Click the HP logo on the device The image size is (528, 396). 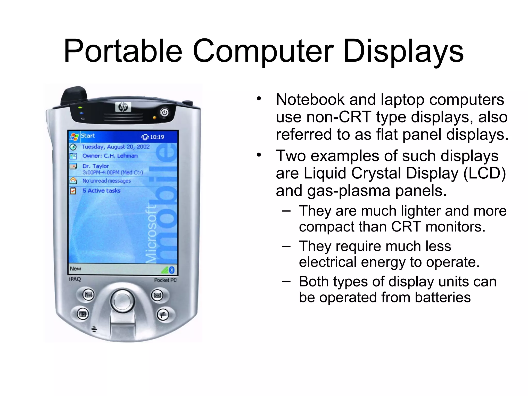pyautogui.click(x=123, y=107)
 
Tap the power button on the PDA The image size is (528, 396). pyautogui.click(x=164, y=112)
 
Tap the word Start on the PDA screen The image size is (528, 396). pyautogui.click(x=88, y=136)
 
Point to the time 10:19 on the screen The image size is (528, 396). pyautogui.click(x=157, y=137)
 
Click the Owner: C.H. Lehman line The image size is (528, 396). pyautogui.click(x=110, y=156)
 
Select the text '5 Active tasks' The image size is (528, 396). pyautogui.click(x=101, y=191)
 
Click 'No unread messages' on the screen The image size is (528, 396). pyautogui.click(x=106, y=181)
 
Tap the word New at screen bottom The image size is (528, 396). pyautogui.click(x=76, y=269)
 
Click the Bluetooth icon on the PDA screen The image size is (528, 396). pyautogui.click(x=172, y=270)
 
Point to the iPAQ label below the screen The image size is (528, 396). pyautogui.click(x=75, y=279)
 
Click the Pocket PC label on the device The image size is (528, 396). pyautogui.click(x=165, y=280)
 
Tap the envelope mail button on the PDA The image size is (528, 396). pyautogui.click(x=157, y=295)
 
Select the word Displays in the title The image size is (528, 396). pyautogui.click(x=403, y=51)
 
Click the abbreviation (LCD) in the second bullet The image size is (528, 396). pyautogui.click(x=484, y=173)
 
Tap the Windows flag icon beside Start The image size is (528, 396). pyautogui.click(x=74, y=136)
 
